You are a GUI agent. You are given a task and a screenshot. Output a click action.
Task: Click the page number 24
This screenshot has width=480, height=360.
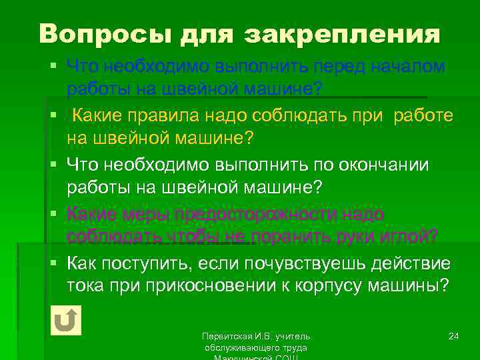pyautogui.click(x=454, y=335)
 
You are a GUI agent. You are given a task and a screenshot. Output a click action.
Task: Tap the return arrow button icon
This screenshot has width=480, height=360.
pyautogui.click(x=65, y=320)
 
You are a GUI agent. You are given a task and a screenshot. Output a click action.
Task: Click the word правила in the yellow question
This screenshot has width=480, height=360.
pyautogui.click(x=167, y=115)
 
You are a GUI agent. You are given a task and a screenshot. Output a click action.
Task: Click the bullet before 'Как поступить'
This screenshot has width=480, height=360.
pyautogui.click(x=58, y=263)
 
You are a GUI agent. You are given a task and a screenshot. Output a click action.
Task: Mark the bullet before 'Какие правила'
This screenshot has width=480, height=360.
pyautogui.click(x=58, y=115)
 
